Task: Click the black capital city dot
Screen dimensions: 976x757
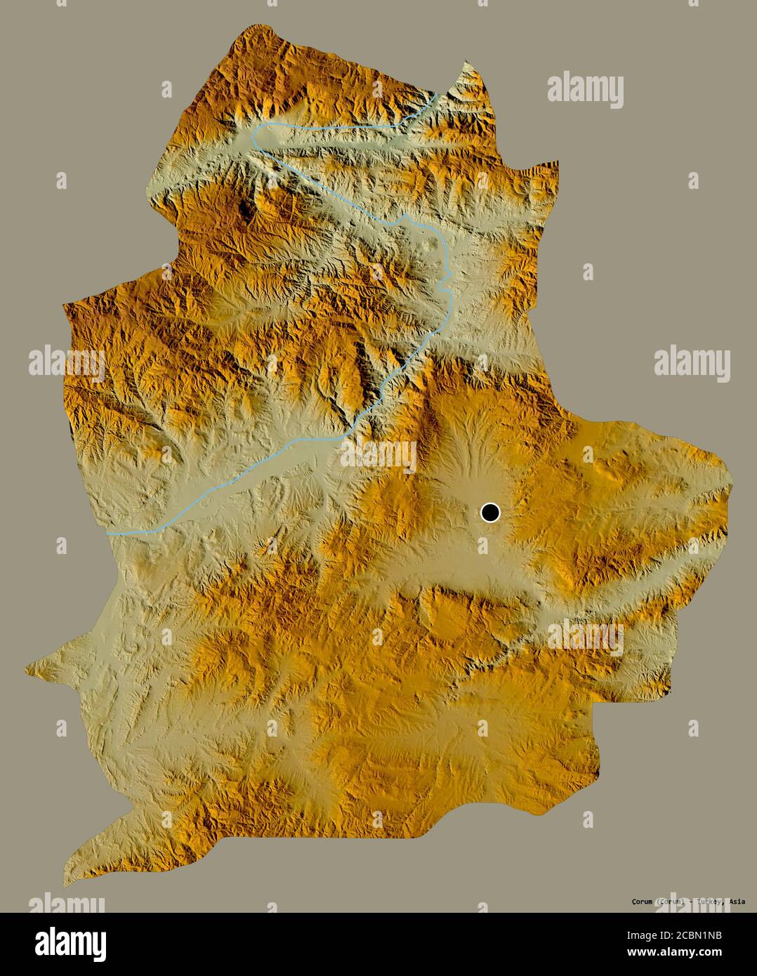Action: click(x=490, y=513)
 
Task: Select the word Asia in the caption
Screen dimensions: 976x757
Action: click(x=737, y=901)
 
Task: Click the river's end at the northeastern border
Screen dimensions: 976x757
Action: click(x=437, y=94)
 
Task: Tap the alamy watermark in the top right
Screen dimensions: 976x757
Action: click(x=585, y=88)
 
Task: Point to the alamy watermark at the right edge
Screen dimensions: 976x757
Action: click(x=692, y=362)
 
